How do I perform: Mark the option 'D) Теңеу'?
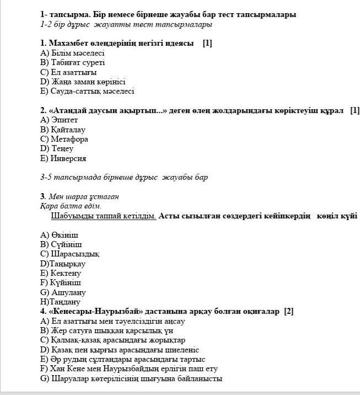(x=57, y=148)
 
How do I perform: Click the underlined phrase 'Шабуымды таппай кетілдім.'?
(x=103, y=216)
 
